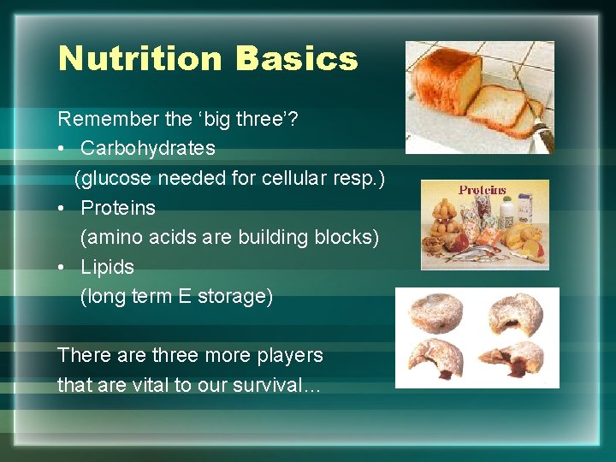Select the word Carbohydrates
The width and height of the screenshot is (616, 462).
click(x=148, y=148)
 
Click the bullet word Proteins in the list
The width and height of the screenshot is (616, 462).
click(x=118, y=208)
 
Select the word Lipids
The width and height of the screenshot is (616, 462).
click(x=108, y=267)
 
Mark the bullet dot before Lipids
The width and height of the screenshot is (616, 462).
click(x=63, y=268)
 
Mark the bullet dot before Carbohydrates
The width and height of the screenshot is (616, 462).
click(x=63, y=149)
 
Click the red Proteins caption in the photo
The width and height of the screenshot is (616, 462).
click(x=482, y=190)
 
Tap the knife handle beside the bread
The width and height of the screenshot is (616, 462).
click(x=541, y=137)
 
